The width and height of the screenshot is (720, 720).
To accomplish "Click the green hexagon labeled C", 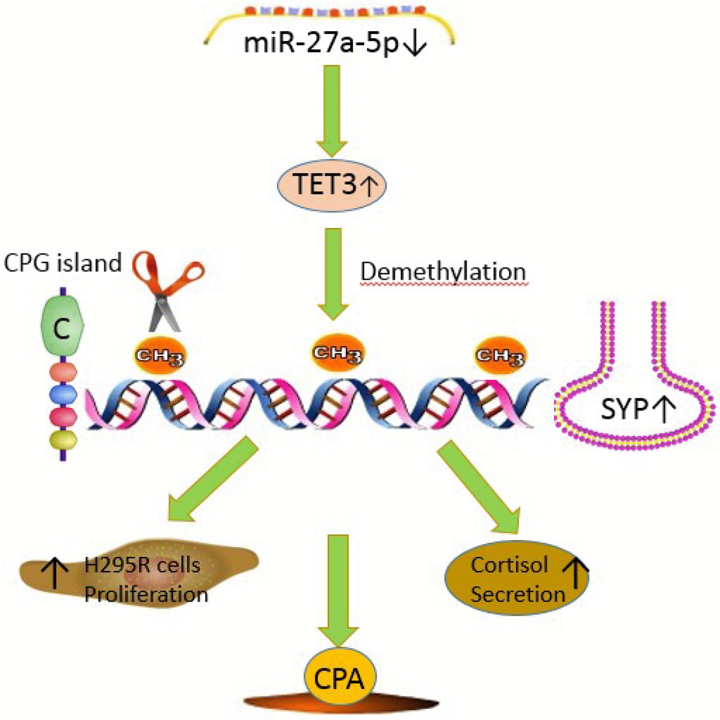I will pos(62,326).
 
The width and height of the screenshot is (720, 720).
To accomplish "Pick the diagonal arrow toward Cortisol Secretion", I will pos(480,487).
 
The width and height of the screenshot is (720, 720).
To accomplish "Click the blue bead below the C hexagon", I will pos(61,392).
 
